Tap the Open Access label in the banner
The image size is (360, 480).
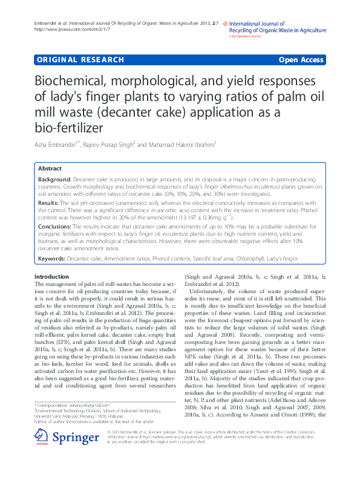click(x=301, y=60)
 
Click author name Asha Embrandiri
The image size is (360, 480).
click(x=57, y=144)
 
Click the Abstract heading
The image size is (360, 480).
click(x=50, y=169)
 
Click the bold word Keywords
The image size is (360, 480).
click(x=51, y=259)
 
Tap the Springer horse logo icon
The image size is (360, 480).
click(x=41, y=453)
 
